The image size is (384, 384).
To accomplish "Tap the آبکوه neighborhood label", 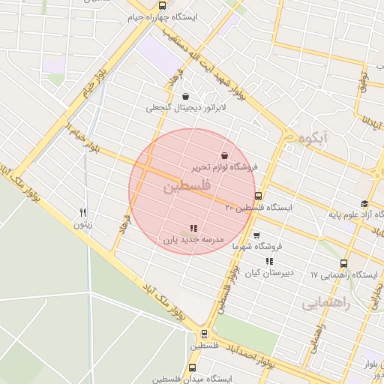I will point(313,139).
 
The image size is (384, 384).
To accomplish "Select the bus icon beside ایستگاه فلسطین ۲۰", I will point(259,196).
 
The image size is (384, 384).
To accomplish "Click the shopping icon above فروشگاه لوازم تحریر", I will point(224,156).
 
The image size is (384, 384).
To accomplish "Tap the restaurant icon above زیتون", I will point(83,212).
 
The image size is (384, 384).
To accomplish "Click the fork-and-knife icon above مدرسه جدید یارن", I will point(193,228).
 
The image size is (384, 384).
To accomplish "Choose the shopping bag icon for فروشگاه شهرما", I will point(256,235).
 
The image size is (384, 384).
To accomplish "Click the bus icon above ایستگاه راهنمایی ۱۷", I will point(343,264).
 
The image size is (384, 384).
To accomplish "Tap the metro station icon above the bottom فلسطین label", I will point(203,334).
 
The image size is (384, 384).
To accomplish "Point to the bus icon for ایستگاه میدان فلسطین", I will point(193,367).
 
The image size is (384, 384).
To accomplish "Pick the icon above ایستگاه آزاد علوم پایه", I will point(364,203).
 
